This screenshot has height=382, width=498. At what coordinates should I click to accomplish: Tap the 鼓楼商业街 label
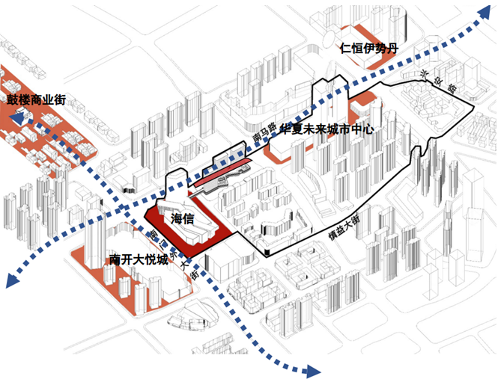[37, 99]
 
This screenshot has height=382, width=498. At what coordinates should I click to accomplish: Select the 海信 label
[183, 219]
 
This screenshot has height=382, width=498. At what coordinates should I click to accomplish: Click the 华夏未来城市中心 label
[326, 130]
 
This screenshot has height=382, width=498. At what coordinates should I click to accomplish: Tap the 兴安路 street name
[432, 84]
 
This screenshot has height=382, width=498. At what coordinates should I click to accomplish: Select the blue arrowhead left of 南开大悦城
[10, 280]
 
